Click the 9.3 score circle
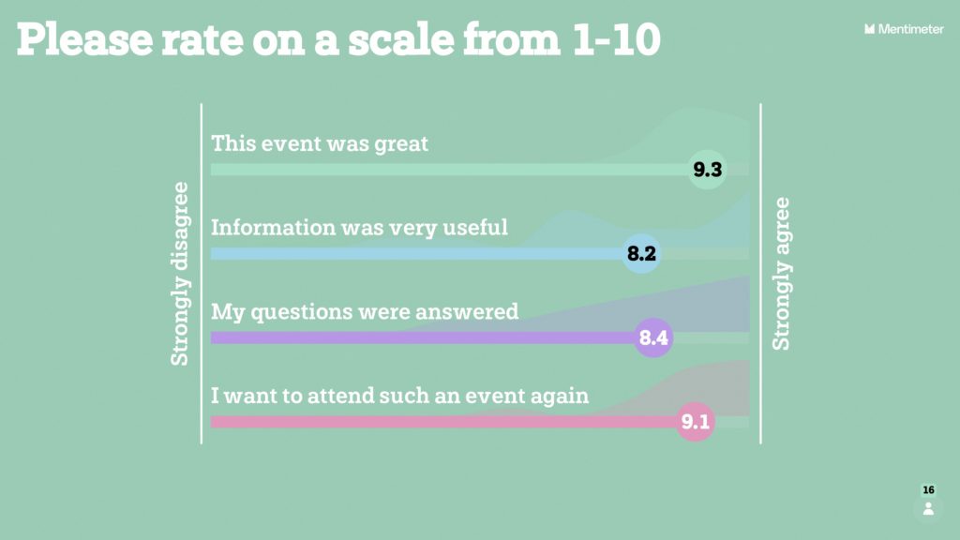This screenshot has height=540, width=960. click(x=707, y=169)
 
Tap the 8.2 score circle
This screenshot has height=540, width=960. click(x=641, y=253)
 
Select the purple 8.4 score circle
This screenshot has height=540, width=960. click(x=653, y=337)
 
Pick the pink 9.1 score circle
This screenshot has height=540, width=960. click(x=696, y=421)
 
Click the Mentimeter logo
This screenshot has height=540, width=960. click(x=904, y=29)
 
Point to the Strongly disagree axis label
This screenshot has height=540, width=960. click(x=179, y=274)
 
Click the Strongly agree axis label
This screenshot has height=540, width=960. click(x=781, y=274)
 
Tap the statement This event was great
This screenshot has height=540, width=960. click(x=320, y=143)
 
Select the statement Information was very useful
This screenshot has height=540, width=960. click(x=359, y=228)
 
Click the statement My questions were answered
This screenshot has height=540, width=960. click(x=365, y=312)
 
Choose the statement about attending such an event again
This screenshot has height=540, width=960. click(x=399, y=396)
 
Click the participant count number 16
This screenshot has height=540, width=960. click(x=928, y=489)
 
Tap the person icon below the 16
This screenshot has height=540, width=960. click(x=928, y=509)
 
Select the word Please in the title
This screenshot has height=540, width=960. click(x=84, y=39)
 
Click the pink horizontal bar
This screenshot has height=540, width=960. click(x=443, y=421)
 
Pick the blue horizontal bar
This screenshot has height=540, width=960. click(x=416, y=253)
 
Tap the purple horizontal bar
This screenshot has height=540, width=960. click(x=423, y=337)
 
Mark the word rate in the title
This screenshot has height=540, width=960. click(x=202, y=40)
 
